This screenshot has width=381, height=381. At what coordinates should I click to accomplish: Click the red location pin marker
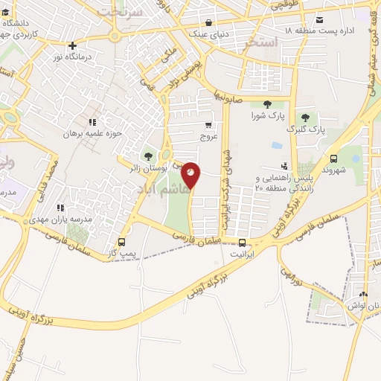tap(191, 174)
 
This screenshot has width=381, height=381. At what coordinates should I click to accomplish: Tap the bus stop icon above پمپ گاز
tap(122, 243)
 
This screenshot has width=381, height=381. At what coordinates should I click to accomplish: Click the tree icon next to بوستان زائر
tap(148, 156)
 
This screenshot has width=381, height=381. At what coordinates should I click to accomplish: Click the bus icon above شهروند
tap(333, 159)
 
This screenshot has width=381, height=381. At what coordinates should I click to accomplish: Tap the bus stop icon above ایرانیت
tap(242, 242)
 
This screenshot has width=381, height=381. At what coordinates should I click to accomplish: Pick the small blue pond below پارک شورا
tap(277, 146)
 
